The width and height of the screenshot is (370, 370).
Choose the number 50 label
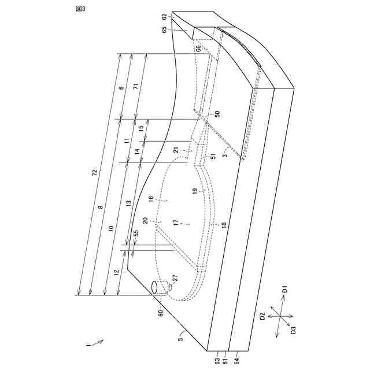click(217, 114)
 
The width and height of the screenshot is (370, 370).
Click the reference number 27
click(175, 278)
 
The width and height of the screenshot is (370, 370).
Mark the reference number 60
click(161, 313)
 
